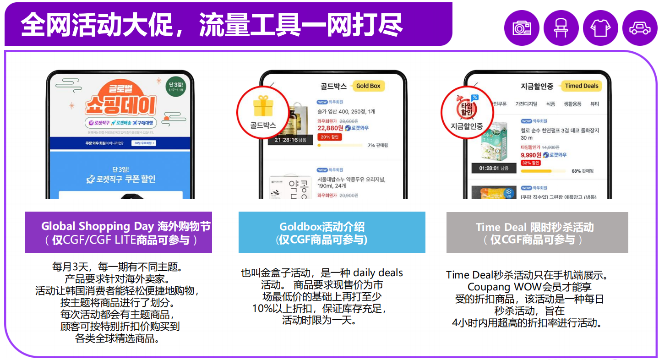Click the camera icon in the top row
coord(522,28)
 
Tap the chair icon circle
coord(561,28)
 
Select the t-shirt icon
coord(600,28)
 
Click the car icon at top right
coord(640,28)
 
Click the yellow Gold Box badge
coord(368,86)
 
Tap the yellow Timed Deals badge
coord(582,86)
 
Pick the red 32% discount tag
coord(531,163)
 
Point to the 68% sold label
coord(582,171)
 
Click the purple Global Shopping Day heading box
coord(119,232)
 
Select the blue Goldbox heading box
coord(332,232)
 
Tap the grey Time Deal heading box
coord(537,232)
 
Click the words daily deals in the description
coord(378,273)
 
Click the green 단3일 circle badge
coord(175,85)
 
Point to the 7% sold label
coord(377,145)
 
